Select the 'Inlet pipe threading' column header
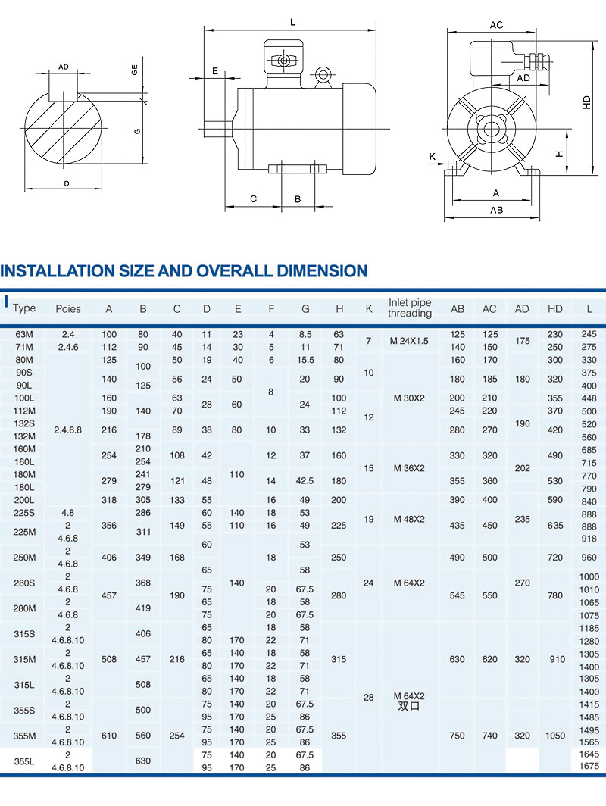410,308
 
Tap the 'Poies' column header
68,309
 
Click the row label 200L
24,501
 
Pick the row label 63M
24,334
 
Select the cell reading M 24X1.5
410,341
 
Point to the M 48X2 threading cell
410,520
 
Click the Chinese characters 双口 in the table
410,706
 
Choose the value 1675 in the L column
589,767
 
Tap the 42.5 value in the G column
305,481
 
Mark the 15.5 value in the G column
305,360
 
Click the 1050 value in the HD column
557,736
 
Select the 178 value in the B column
143,436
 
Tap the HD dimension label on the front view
586,103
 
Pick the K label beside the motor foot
433,157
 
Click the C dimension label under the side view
254,199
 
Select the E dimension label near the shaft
215,71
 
